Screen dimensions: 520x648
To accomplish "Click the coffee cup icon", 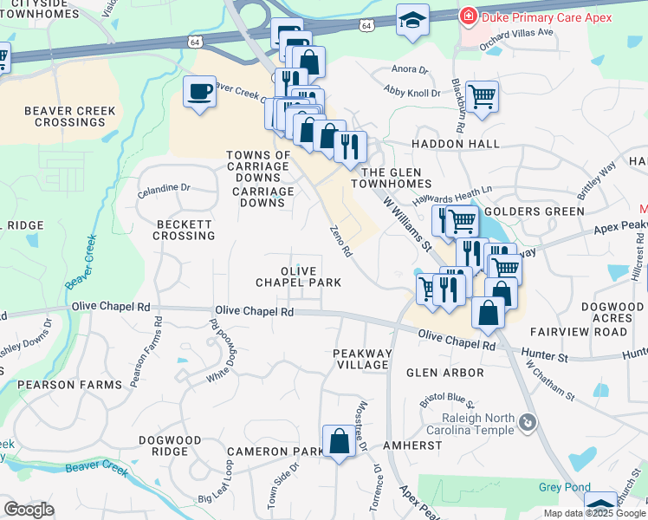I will (x=200, y=91).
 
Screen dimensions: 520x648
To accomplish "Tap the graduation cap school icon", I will (x=412, y=20).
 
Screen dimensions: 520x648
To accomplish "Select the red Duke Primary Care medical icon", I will (x=468, y=16).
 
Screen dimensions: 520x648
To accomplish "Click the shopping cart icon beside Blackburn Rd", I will (x=482, y=95).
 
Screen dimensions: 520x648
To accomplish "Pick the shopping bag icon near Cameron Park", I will (x=339, y=441).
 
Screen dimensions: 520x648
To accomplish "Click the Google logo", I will (x=29, y=510).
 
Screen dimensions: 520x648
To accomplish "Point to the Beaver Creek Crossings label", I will (x=64, y=116).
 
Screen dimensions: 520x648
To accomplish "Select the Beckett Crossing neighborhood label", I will (x=185, y=230).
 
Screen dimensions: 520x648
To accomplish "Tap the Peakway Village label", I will (x=362, y=359).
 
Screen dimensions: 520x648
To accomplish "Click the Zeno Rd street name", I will (x=340, y=241).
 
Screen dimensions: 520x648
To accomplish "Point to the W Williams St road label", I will (x=407, y=222).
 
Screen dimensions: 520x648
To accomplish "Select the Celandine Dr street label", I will (x=163, y=187).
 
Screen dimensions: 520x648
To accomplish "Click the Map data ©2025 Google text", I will (x=593, y=512).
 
